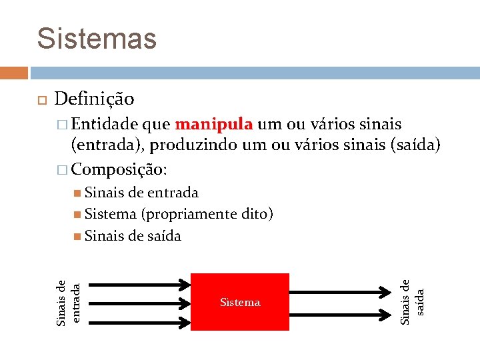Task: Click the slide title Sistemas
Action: point(97,38)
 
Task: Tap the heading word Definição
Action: point(94,99)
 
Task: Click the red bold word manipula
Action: point(213,124)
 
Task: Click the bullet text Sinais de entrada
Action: point(141,193)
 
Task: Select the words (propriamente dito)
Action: point(207,214)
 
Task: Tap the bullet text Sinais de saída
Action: point(133,235)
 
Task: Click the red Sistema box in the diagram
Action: point(240,302)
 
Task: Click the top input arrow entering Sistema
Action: point(139,284)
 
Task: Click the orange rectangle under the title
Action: point(13,72)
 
